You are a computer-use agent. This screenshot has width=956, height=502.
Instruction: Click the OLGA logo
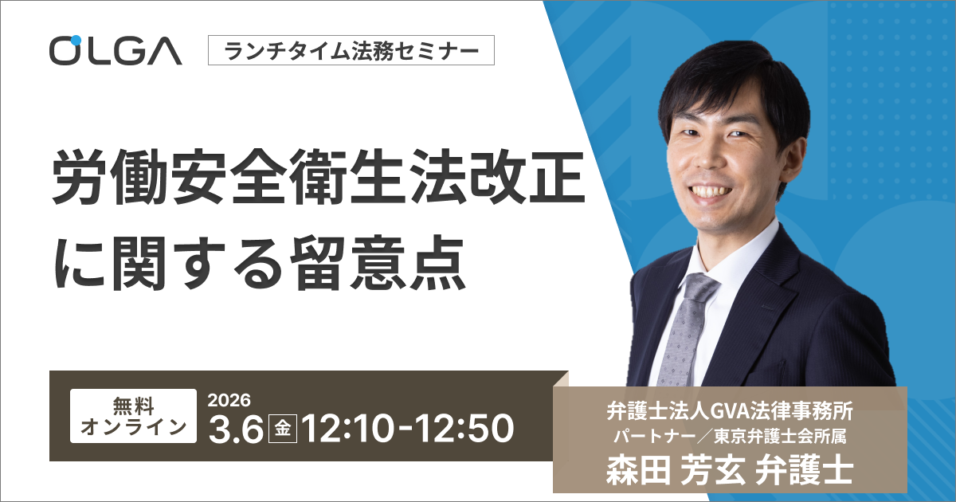(116, 51)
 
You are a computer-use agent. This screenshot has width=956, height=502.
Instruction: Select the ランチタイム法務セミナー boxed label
(351, 52)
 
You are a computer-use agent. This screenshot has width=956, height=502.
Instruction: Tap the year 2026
(229, 399)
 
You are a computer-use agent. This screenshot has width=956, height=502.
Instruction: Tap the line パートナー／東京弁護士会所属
(730, 437)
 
